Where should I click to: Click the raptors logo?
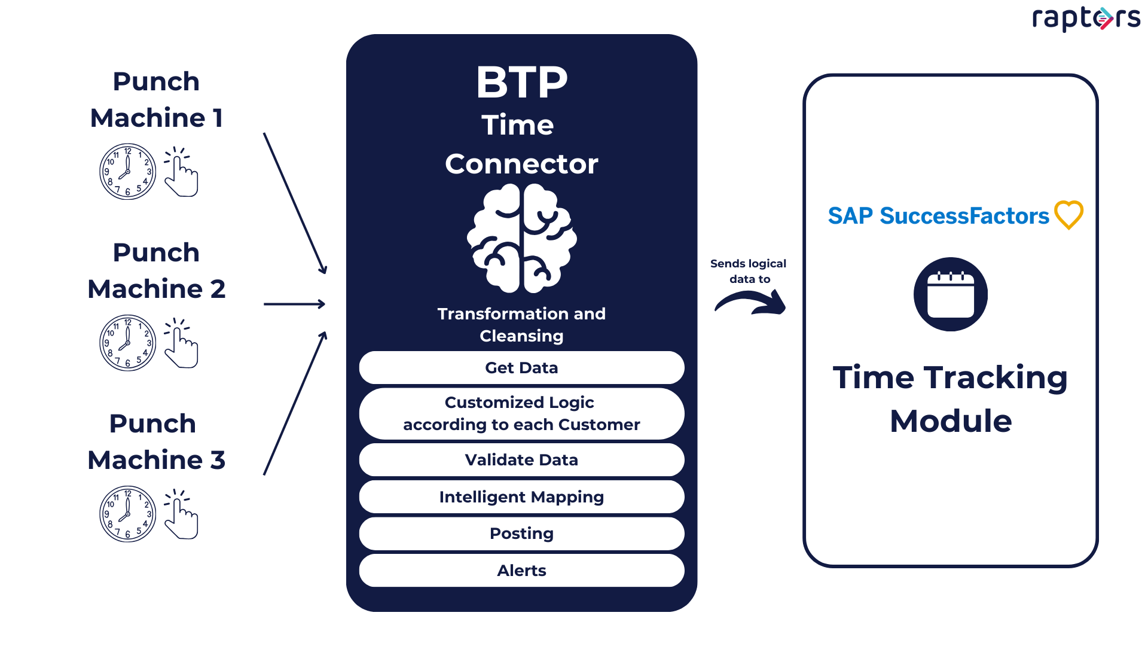tap(1086, 18)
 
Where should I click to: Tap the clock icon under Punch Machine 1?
tap(127, 172)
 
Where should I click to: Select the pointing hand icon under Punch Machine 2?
tap(181, 343)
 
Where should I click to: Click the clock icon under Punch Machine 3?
tap(127, 514)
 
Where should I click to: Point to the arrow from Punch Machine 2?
tap(294, 304)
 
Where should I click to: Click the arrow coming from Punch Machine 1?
tap(295, 203)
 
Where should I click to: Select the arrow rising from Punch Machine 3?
tap(295, 404)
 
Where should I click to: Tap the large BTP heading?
tap(521, 83)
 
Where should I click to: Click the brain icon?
tap(521, 238)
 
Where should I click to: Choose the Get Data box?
tap(521, 368)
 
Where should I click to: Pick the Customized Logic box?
tap(521, 414)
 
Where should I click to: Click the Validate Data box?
tap(521, 460)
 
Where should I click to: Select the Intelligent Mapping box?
tap(521, 497)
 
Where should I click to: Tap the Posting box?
tap(521, 534)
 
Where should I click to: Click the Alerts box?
tap(521, 571)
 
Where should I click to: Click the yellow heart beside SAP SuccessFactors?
tap(1068, 215)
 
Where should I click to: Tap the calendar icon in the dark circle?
tap(950, 294)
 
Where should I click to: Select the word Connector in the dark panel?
tap(521, 164)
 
